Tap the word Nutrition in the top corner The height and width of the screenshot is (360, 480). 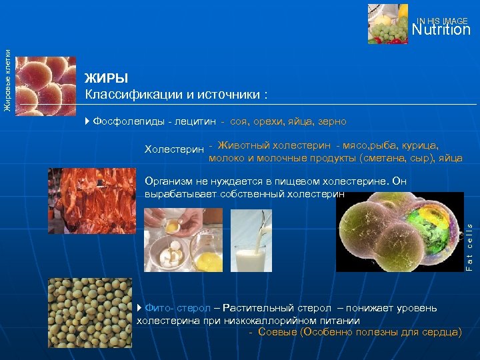click(x=441, y=30)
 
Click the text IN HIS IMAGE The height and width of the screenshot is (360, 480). click(x=443, y=21)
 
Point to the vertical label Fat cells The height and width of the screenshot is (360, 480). click(x=469, y=247)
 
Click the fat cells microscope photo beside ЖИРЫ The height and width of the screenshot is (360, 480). click(x=45, y=83)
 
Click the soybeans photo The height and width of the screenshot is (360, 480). click(x=90, y=313)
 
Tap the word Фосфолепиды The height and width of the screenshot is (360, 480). click(x=129, y=121)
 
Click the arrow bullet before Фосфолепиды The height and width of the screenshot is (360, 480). click(x=89, y=121)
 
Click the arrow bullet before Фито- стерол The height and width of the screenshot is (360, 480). click(x=139, y=308)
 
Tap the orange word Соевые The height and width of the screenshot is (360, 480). click(x=278, y=331)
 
